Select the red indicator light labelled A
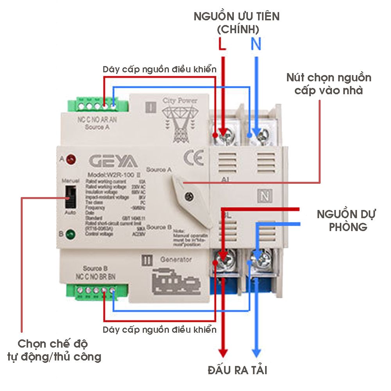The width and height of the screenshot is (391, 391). (71, 159)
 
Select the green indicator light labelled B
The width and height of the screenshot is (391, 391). (71, 235)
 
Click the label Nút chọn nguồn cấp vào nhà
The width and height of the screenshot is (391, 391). (328, 84)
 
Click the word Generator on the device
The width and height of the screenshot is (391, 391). (176, 259)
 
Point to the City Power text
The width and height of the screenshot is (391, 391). (182, 100)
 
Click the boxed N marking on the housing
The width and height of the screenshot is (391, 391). (265, 194)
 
